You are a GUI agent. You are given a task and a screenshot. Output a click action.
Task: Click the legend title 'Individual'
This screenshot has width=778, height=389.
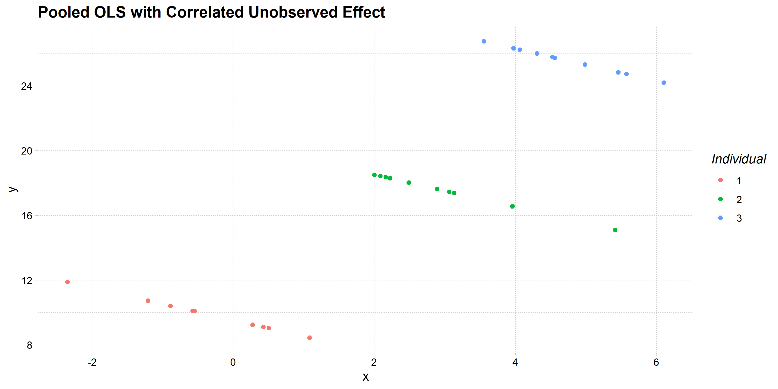(739, 159)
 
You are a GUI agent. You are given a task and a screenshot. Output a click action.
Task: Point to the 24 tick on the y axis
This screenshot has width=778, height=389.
(26, 86)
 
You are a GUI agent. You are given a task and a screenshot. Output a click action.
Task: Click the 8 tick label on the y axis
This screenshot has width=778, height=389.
(29, 345)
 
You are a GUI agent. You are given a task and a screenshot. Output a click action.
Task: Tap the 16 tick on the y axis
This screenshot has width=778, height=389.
(26, 216)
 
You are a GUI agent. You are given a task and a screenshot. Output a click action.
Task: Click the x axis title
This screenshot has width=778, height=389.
(365, 377)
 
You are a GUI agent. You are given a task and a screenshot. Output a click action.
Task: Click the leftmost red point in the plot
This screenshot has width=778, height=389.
(68, 282)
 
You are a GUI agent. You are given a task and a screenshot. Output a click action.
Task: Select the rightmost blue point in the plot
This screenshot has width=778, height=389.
(663, 83)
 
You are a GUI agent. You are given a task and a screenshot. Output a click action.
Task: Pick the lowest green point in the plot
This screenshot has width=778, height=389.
(615, 230)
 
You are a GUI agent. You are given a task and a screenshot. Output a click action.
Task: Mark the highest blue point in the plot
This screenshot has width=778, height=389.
(484, 41)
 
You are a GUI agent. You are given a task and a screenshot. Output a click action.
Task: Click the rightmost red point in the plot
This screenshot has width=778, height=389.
(310, 338)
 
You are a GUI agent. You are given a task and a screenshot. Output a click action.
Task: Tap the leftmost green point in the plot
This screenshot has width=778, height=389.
(374, 175)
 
